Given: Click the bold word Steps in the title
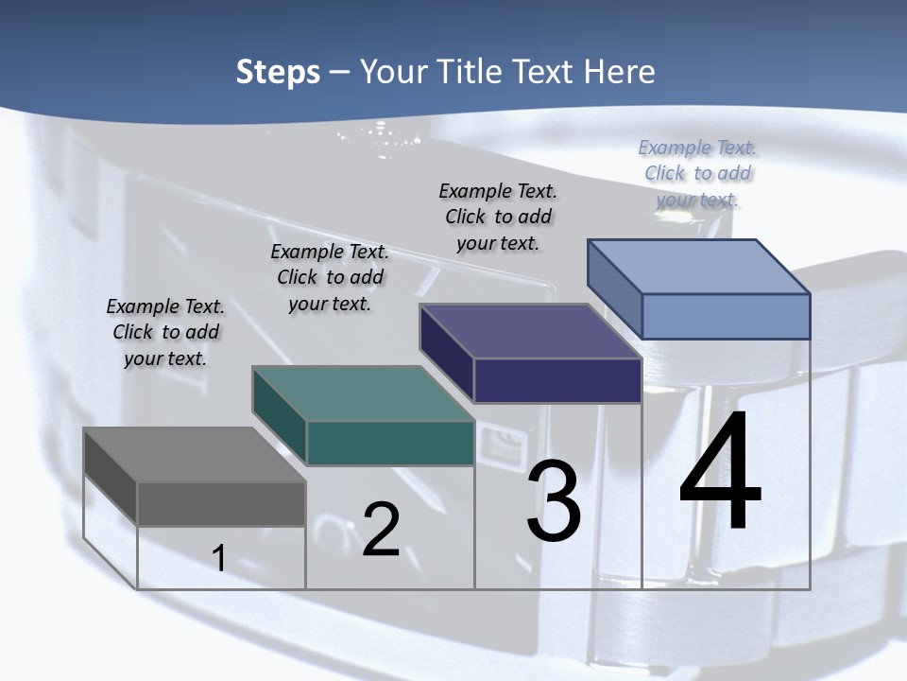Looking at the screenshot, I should click(278, 72).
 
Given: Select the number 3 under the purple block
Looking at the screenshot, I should click(554, 501).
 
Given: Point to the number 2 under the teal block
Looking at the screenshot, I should click(381, 530).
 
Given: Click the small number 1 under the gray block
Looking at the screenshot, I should click(218, 558).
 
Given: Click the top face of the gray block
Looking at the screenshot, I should click(194, 455).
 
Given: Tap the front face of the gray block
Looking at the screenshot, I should click(221, 503).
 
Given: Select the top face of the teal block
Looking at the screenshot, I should click(363, 393).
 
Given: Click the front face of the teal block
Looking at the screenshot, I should click(390, 443).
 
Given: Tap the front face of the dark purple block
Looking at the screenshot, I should click(557, 380).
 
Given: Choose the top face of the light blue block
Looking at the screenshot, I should click(699, 267).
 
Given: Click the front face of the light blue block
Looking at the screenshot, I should click(726, 316).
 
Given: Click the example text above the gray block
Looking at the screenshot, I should click(165, 332).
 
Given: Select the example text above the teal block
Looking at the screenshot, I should click(330, 277).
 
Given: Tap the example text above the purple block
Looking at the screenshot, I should click(498, 217).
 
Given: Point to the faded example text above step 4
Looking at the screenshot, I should click(697, 173).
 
